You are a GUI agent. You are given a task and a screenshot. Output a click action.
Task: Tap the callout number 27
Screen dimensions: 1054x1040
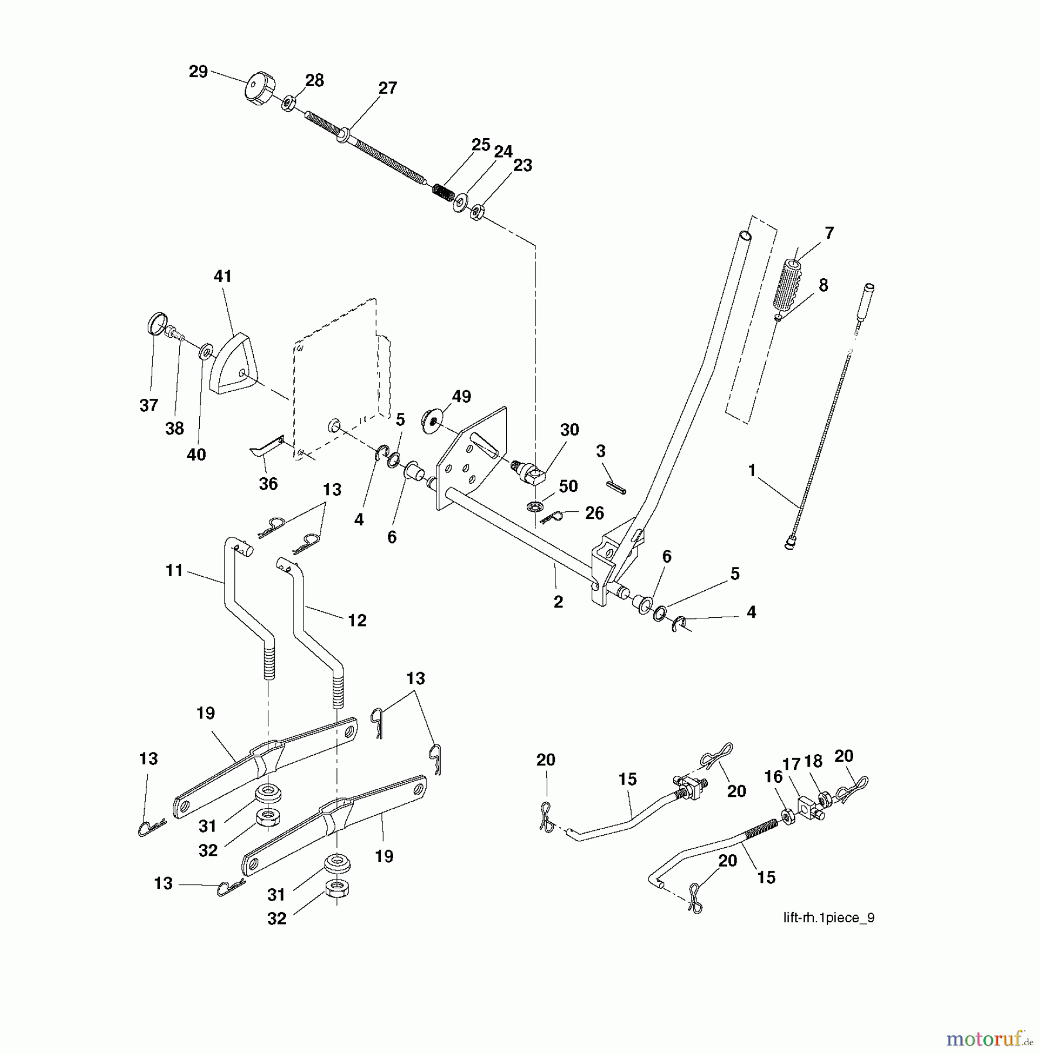coord(387,88)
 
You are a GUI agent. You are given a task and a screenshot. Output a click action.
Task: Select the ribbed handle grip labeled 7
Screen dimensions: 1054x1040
coord(789,286)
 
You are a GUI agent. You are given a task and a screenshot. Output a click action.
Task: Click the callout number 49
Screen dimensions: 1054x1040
coord(462,396)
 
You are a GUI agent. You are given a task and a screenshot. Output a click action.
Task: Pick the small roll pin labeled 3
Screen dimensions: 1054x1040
coord(616,487)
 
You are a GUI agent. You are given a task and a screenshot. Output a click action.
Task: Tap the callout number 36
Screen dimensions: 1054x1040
coord(268,484)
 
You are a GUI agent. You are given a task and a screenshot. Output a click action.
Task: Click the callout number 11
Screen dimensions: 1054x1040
coord(174,570)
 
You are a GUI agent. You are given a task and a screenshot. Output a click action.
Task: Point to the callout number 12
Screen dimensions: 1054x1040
coord(357,620)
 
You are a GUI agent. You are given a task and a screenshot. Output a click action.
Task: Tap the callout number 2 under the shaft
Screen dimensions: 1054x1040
coord(558,601)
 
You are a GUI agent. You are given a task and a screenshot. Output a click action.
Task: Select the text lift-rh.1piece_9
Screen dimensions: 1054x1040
coord(828,918)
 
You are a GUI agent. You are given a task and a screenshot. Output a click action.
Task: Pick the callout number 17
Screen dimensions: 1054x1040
coord(791,764)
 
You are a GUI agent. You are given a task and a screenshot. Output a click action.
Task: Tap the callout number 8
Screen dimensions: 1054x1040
coord(823,285)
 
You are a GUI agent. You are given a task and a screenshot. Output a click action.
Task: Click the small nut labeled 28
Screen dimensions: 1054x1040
coord(288,104)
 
